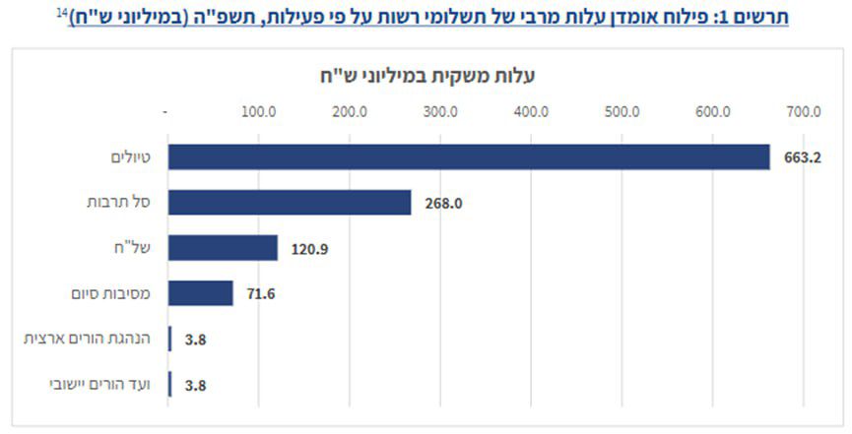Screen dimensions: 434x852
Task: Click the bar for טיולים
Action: coord(468,156)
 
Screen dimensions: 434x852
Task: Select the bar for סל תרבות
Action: coord(290,203)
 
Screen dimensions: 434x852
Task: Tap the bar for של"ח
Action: coord(223,248)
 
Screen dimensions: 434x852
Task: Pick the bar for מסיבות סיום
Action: coord(200,293)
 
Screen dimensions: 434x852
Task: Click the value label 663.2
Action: coord(797,157)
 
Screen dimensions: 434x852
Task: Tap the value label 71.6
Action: coord(260,294)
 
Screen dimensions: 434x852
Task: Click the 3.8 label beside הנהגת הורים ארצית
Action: coord(195,341)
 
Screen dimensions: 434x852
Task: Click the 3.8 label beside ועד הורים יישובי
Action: coord(195,386)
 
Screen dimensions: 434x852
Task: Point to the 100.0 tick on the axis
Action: coord(258,111)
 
